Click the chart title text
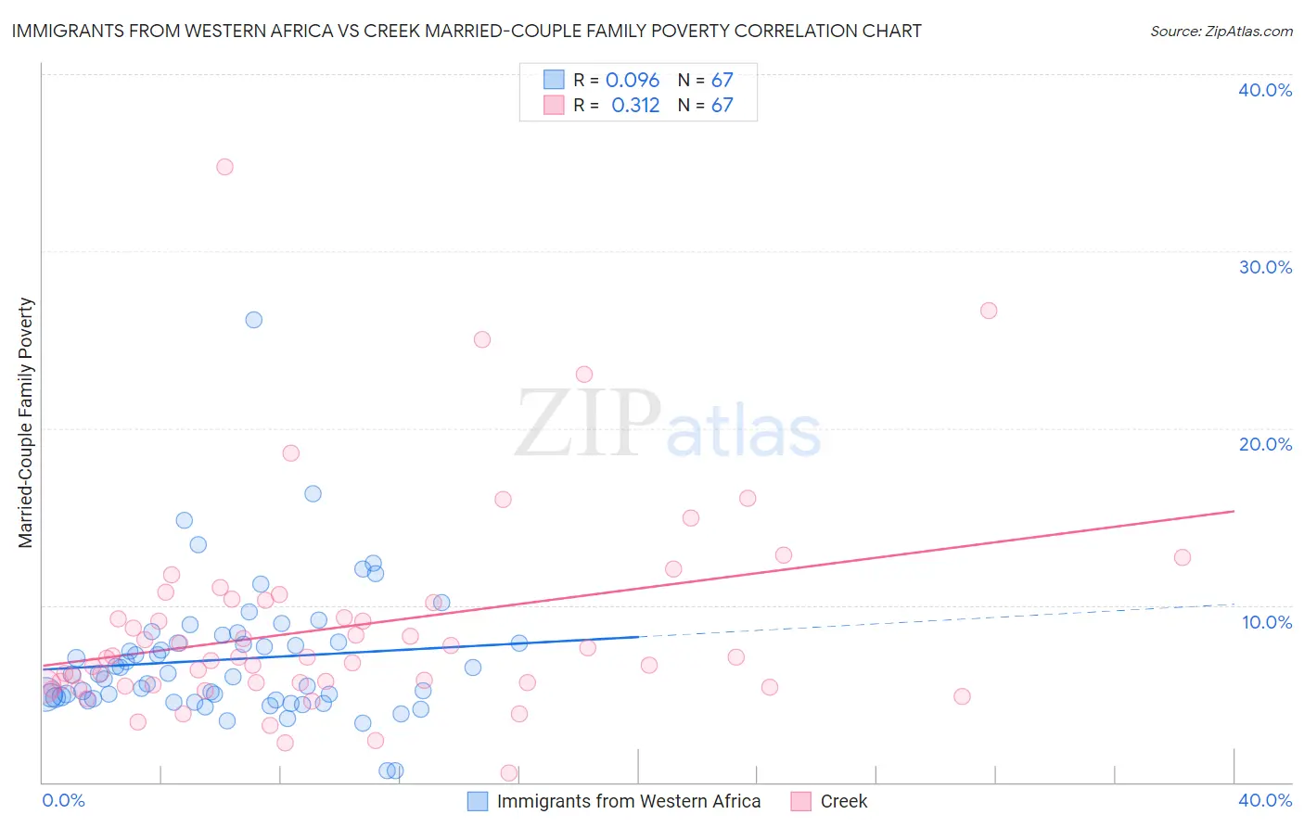coord(467,31)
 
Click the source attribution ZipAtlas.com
coord(1221,31)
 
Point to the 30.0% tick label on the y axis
coord(1265,267)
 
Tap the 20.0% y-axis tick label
coord(1265,444)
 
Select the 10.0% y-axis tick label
coord(1267,622)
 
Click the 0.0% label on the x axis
coord(63,800)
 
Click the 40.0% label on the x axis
coord(1265,800)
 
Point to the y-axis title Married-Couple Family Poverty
coord(26,423)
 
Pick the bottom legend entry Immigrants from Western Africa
coord(628,801)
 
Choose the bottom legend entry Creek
coord(843,801)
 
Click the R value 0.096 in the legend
coord(633,81)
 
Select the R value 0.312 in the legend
coord(635,106)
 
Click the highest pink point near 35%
coord(224,167)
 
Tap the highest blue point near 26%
coord(253,320)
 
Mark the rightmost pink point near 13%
coord(1182,557)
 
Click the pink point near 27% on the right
coord(989,311)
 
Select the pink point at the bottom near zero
coord(508,772)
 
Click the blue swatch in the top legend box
coord(554,80)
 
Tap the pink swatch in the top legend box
coord(554,105)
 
